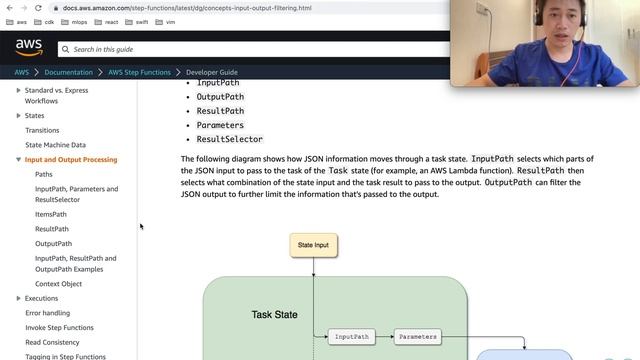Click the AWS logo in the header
click(x=29, y=48)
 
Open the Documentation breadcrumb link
click(x=69, y=72)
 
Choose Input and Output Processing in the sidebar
click(x=71, y=159)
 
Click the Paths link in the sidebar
click(x=44, y=174)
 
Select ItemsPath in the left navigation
click(x=51, y=214)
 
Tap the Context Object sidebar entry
click(x=58, y=283)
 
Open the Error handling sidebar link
click(x=48, y=313)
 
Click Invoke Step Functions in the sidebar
click(x=59, y=327)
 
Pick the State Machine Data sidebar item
click(x=55, y=145)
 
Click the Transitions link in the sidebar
click(x=42, y=130)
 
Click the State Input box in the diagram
click(x=313, y=244)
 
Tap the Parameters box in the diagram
click(x=417, y=337)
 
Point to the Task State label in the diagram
click(x=274, y=315)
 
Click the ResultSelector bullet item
click(x=229, y=139)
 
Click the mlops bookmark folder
click(x=75, y=21)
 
